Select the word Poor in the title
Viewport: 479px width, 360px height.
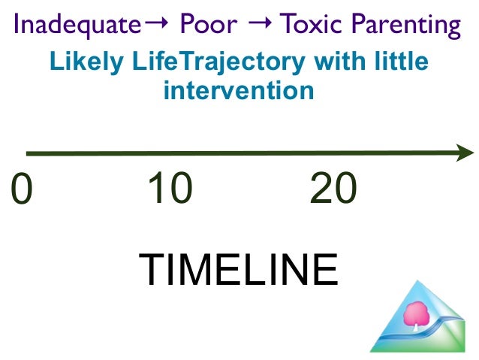[x=207, y=26]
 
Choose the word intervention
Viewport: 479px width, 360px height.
[x=238, y=91]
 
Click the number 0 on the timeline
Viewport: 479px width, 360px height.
[x=23, y=189]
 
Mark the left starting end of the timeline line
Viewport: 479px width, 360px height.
[x=29, y=154]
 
